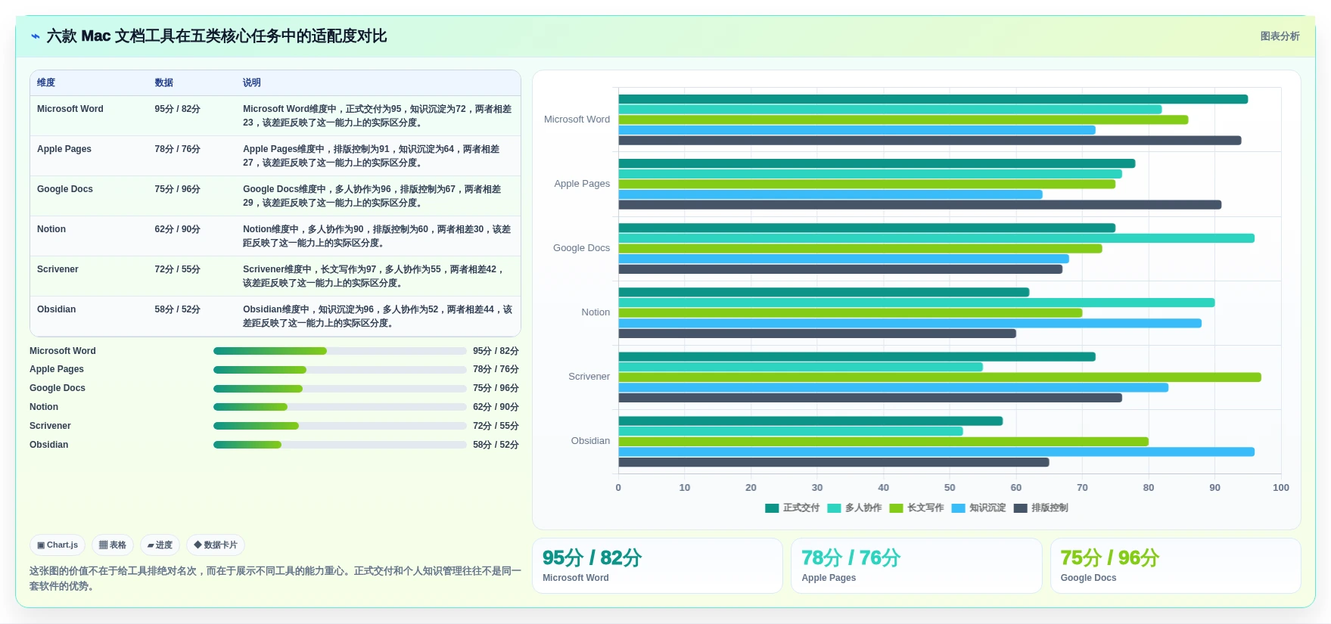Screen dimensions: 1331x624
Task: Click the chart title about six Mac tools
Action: (216, 36)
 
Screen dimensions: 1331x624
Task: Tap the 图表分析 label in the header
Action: (1280, 36)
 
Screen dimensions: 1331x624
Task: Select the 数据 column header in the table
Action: (163, 82)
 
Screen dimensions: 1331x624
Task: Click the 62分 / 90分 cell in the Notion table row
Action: (177, 229)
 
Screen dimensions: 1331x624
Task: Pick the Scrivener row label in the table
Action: (58, 269)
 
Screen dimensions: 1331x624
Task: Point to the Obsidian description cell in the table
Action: (378, 316)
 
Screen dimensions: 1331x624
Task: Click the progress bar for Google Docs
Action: (340, 389)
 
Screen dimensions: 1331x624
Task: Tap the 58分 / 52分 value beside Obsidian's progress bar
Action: (496, 445)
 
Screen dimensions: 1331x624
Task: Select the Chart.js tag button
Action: (58, 545)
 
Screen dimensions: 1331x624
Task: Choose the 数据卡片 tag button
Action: (216, 545)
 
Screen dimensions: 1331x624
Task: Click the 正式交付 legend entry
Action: (792, 508)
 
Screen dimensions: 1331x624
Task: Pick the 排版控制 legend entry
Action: (1040, 508)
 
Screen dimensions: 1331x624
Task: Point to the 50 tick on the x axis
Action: (950, 488)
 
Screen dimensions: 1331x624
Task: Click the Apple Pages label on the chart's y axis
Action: (582, 184)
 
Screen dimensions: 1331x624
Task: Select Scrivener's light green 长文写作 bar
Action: (940, 377)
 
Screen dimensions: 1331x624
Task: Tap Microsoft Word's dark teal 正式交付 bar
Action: (933, 99)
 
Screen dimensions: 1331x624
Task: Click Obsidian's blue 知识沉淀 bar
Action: (937, 452)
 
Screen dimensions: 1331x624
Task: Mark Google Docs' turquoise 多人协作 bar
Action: (937, 238)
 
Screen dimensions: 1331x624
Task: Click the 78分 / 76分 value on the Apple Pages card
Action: (851, 558)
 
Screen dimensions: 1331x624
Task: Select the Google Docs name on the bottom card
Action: (1088, 578)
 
